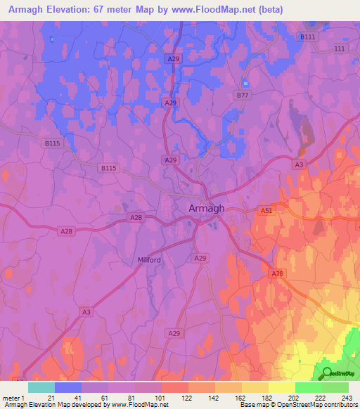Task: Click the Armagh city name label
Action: [207, 208]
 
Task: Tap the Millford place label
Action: [148, 260]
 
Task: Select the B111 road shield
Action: [307, 37]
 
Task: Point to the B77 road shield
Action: [243, 93]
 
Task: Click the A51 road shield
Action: [266, 209]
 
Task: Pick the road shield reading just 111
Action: [340, 48]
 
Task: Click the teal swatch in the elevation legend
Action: [41, 387]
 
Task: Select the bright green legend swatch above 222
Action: [308, 387]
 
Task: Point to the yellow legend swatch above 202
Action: [281, 387]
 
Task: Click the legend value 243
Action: [347, 398]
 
